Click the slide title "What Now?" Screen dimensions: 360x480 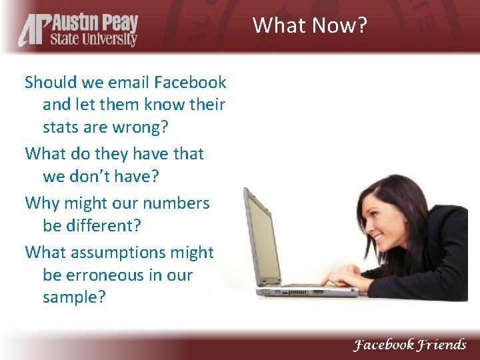[310, 26]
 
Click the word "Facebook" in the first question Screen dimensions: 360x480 [190, 83]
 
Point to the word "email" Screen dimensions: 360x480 [125, 83]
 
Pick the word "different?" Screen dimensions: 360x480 [103, 225]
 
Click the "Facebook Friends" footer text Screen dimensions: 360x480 [409, 345]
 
